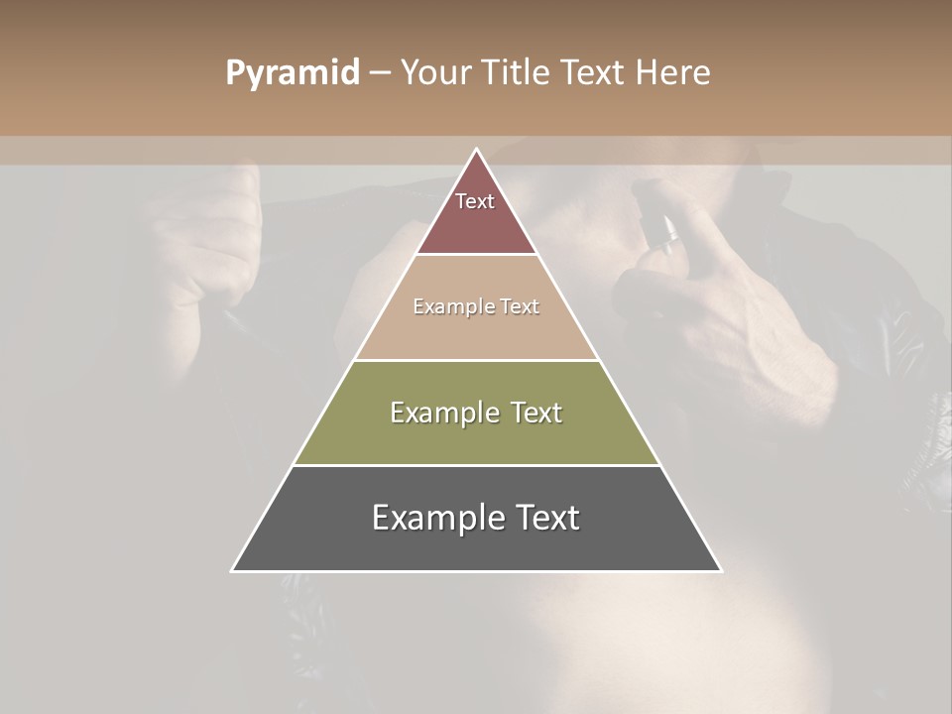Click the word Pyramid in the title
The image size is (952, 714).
[x=293, y=73]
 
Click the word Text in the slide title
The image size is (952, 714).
[x=594, y=72]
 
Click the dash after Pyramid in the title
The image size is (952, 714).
[x=380, y=73]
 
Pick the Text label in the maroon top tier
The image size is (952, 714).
[x=475, y=201]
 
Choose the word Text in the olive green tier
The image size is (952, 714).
[x=536, y=413]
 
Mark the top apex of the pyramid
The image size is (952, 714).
[x=476, y=149]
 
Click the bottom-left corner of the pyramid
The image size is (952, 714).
[x=232, y=570]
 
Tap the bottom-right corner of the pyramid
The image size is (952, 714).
[x=721, y=570]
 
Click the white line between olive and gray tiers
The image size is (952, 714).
[x=476, y=465]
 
